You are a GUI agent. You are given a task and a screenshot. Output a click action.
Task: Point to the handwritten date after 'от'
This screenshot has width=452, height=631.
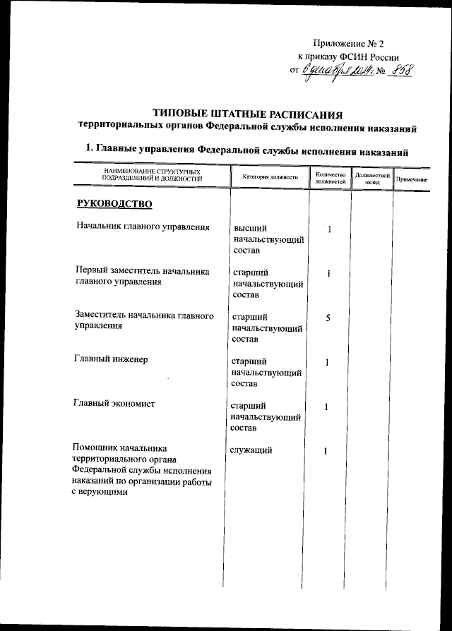click(x=340, y=71)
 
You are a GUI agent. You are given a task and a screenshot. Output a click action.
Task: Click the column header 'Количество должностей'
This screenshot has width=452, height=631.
click(x=330, y=178)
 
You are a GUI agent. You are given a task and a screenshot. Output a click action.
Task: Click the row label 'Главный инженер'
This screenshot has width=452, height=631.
click(x=111, y=359)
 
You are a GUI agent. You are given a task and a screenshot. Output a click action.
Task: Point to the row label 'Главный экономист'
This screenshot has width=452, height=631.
click(x=114, y=404)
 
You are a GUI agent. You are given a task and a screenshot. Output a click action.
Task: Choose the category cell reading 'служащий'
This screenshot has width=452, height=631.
click(x=252, y=450)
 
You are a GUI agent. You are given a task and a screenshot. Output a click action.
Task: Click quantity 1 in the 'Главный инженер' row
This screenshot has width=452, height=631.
click(x=328, y=363)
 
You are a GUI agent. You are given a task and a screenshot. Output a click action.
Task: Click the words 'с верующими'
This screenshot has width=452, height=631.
click(x=100, y=492)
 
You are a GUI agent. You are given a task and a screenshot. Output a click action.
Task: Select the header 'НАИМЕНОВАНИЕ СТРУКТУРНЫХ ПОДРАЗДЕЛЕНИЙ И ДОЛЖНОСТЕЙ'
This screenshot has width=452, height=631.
click(x=153, y=177)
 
